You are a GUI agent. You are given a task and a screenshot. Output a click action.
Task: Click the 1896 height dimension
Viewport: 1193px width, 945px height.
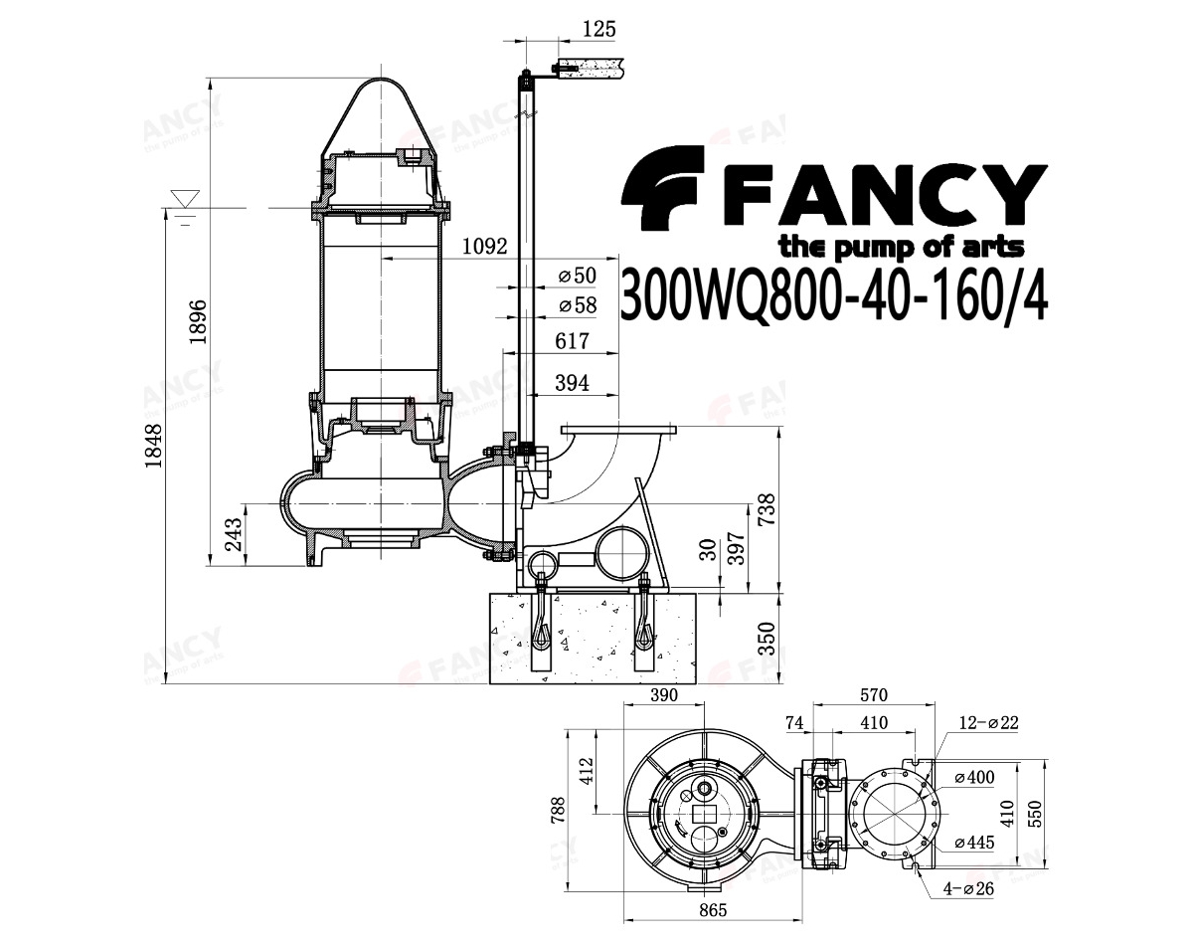(x=198, y=321)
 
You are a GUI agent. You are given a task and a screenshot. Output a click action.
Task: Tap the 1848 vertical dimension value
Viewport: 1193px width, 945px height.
(x=153, y=446)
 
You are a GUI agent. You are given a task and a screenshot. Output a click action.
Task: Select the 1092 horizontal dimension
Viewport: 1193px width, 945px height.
(x=485, y=246)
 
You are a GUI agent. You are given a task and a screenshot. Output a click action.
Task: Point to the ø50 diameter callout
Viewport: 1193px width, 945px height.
(x=578, y=276)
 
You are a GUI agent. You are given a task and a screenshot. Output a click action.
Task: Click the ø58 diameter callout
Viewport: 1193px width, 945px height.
(x=578, y=305)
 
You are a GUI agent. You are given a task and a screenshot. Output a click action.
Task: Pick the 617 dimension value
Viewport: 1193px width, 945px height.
(x=572, y=341)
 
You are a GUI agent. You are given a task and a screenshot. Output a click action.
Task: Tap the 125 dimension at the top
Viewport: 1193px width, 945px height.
(x=599, y=29)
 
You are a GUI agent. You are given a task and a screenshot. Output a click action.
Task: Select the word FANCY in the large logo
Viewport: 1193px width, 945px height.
(x=886, y=195)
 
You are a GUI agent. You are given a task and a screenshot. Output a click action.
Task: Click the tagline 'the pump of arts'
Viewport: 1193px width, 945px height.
(x=902, y=247)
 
